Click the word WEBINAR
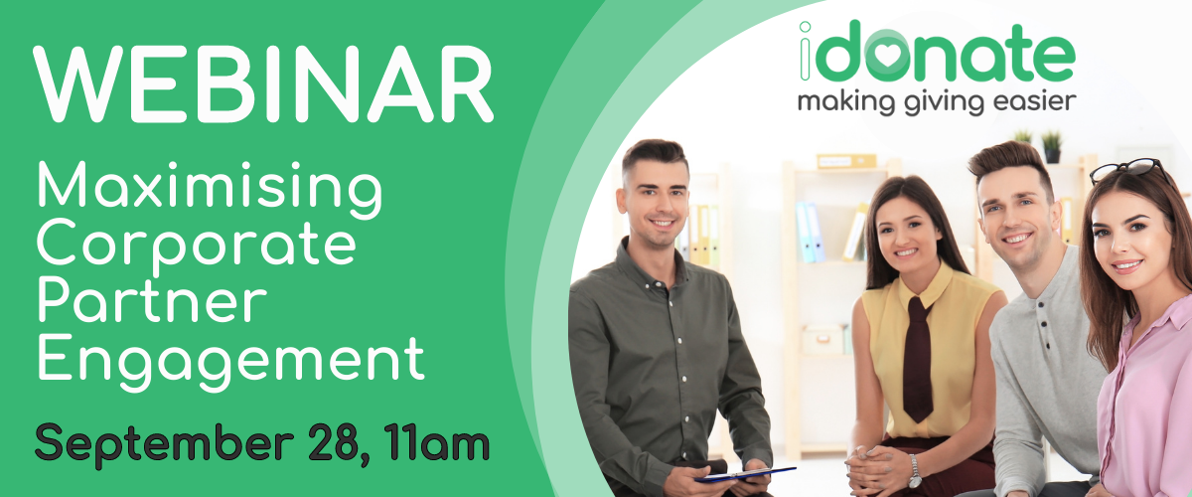[x=263, y=84]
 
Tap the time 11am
[x=437, y=441]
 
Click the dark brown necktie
[x=919, y=357]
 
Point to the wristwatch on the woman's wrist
[x=914, y=471]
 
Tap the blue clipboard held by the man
[x=745, y=474]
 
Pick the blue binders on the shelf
[x=810, y=232]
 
